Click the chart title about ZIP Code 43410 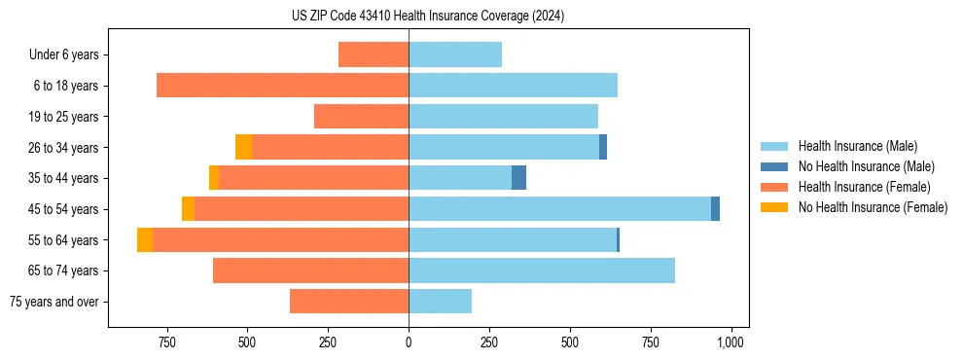click(x=428, y=17)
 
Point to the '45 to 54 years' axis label click(x=64, y=209)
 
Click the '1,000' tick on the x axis click(x=731, y=342)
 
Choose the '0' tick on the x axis click(x=409, y=342)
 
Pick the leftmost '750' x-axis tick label click(x=166, y=342)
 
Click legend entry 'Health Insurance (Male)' click(x=857, y=146)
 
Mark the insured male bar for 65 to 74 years click(x=542, y=270)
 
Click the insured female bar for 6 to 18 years click(x=282, y=86)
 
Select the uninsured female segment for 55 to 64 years click(x=145, y=239)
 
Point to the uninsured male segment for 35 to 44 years click(x=518, y=178)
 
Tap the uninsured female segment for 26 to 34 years click(x=243, y=147)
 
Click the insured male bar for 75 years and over click(x=440, y=302)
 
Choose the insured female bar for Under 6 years click(x=374, y=54)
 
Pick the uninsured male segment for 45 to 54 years click(x=715, y=209)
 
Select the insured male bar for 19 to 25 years click(x=503, y=117)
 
